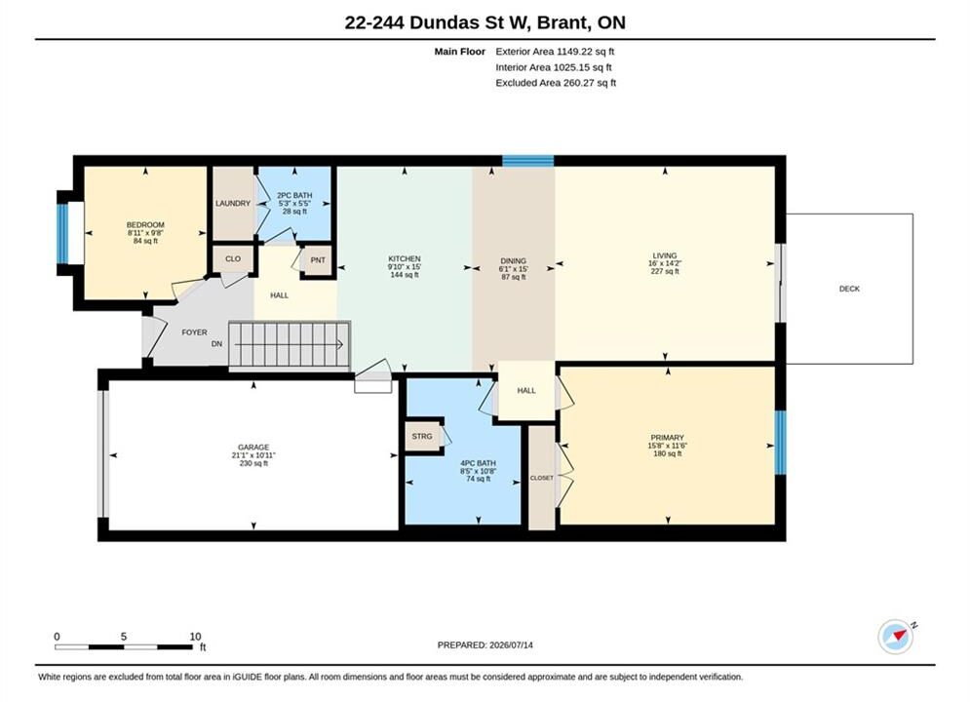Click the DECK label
(849, 289)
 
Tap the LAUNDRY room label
(233, 204)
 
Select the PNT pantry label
(318, 260)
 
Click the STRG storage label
(422, 436)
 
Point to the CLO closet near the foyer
(233, 259)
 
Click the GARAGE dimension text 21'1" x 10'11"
(253, 455)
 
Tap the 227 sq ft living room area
(665, 271)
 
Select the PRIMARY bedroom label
(667, 437)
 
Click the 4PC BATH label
(479, 463)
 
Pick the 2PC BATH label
(294, 195)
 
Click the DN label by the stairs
(216, 344)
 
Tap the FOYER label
(194, 332)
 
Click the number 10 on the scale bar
(196, 637)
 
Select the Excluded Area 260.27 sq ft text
(556, 83)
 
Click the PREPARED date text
(485, 645)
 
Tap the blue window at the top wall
(527, 161)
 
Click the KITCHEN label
(405, 259)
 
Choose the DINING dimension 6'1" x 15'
(514, 269)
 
